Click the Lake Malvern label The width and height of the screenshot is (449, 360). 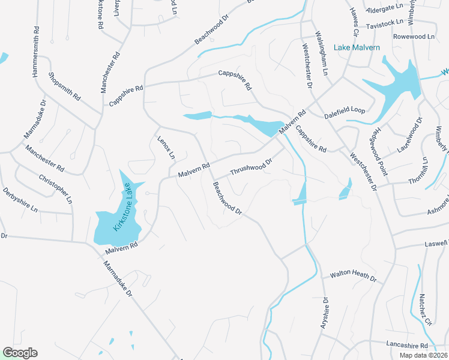pos(358,48)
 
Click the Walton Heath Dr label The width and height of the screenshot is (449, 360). pos(353,278)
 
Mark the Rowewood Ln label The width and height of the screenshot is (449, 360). pos(414,37)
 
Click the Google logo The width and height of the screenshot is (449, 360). pos(20,353)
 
